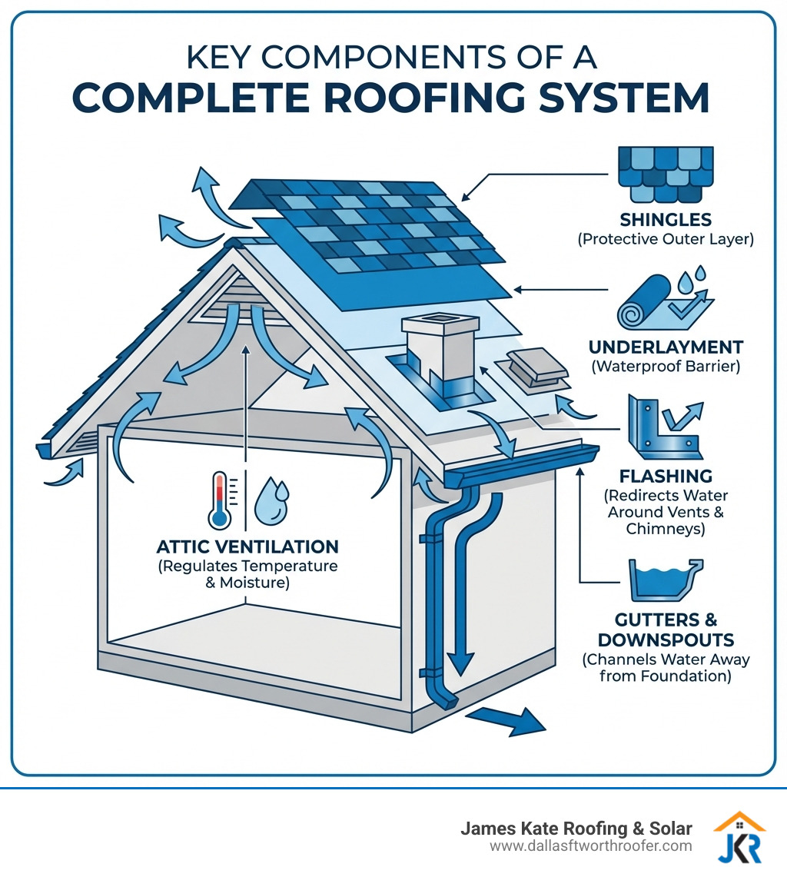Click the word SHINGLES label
coord(666,220)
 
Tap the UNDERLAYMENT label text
coord(666,347)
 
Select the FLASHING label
coord(666,476)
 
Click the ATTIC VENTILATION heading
coord(247,546)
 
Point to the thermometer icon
coord(221,500)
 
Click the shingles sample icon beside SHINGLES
coord(666,173)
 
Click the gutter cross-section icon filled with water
coord(666,581)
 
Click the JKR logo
coord(739,837)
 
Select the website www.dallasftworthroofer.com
coord(591,846)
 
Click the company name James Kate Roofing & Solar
coord(576,829)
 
